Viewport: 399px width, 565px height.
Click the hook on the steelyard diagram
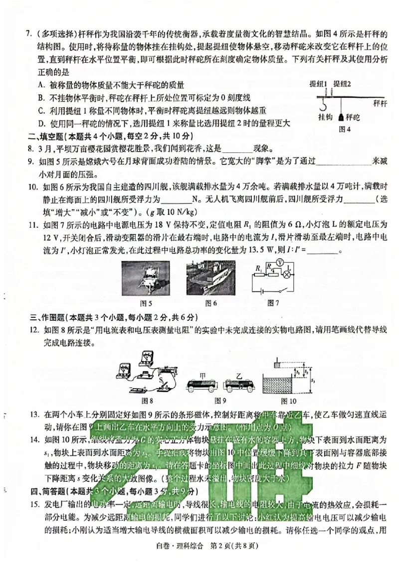(322, 106)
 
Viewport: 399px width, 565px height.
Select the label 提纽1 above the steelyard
(318, 83)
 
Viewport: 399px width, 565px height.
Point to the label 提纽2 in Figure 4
(342, 83)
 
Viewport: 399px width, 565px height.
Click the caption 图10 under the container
(288, 400)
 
